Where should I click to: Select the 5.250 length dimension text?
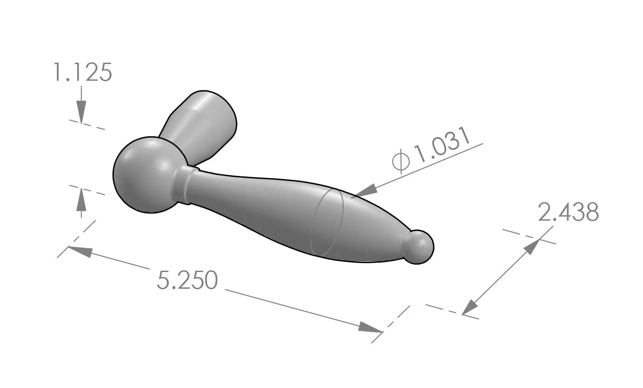pyautogui.click(x=187, y=280)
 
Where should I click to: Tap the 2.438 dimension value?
pyautogui.click(x=568, y=212)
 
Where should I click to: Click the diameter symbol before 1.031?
pyautogui.click(x=401, y=162)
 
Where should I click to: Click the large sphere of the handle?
pyautogui.click(x=143, y=174)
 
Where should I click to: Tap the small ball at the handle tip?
pyautogui.click(x=419, y=246)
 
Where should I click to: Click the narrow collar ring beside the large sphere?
pyautogui.click(x=185, y=185)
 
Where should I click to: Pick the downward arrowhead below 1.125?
pyautogui.click(x=81, y=112)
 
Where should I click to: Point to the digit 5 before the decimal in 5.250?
pyautogui.click(x=163, y=280)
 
